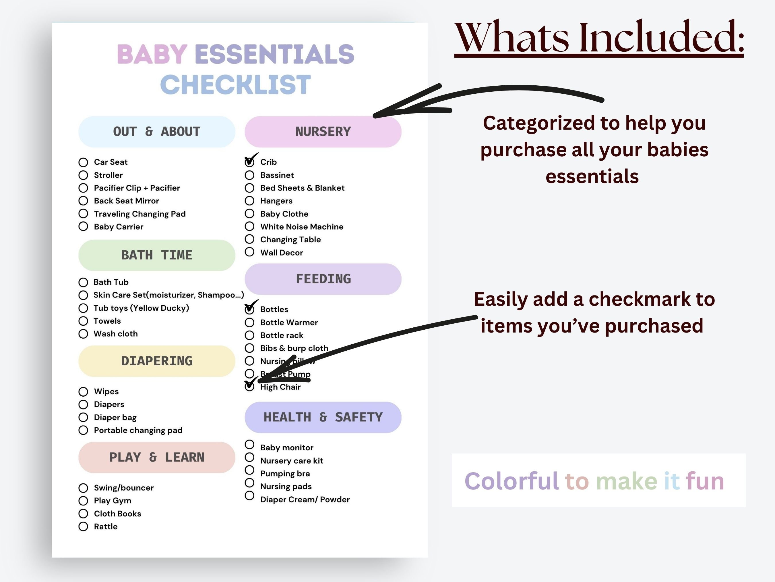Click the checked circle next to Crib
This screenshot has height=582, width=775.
click(x=249, y=162)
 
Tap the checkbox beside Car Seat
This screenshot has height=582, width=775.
click(x=83, y=162)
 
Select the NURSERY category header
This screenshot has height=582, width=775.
click(x=323, y=132)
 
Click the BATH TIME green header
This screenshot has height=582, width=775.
click(x=157, y=255)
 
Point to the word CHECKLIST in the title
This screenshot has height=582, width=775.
click(x=235, y=84)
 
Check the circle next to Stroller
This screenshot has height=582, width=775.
click(x=83, y=175)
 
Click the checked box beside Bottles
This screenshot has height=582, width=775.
click(x=249, y=309)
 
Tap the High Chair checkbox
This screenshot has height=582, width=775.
click(x=249, y=387)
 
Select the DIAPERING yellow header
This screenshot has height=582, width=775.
click(x=157, y=361)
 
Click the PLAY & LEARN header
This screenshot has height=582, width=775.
click(x=157, y=457)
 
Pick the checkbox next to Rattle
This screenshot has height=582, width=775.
click(x=83, y=526)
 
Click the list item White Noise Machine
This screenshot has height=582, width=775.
click(x=302, y=227)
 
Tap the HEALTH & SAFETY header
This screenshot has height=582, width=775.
click(x=323, y=417)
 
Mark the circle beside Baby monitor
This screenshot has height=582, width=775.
click(x=249, y=445)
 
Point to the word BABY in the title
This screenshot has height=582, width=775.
click(x=152, y=54)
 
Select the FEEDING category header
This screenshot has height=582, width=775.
click(x=323, y=279)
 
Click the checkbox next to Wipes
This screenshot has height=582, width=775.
click(x=83, y=391)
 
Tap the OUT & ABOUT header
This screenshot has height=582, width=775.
click(x=157, y=132)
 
